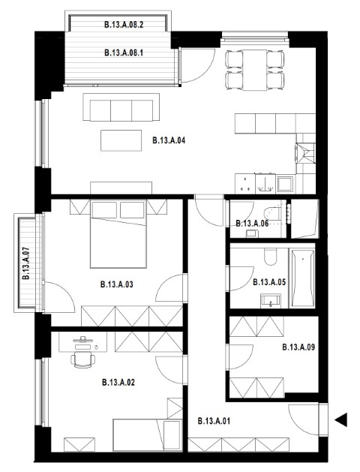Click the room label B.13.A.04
tap(169, 140)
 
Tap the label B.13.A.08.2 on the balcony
tap(124, 24)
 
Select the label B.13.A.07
tap(25, 263)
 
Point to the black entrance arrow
tap(341, 419)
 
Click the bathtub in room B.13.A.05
tap(302, 278)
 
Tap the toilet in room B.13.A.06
tap(273, 214)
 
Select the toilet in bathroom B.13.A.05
tap(271, 257)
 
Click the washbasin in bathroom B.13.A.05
tap(271, 301)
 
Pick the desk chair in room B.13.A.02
tap(82, 359)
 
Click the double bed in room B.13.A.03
tap(118, 234)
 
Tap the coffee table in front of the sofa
tap(121, 140)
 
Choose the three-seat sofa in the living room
tap(121, 107)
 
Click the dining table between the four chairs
tap(255, 70)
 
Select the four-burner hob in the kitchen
tap(244, 184)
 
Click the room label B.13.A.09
tap(298, 347)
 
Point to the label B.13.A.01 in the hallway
tap(214, 421)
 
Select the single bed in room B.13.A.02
tap(147, 435)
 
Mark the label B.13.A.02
tap(118, 382)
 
